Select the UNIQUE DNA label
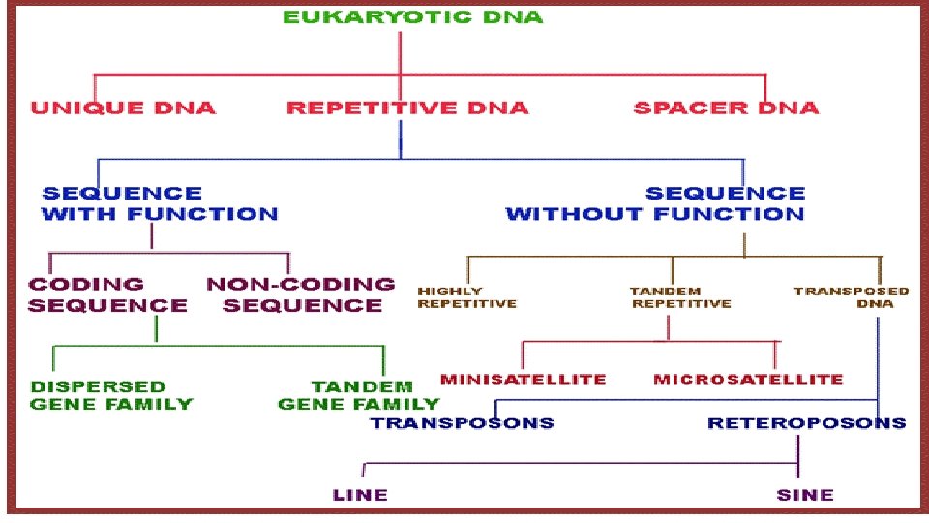click(123, 108)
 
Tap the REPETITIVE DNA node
click(407, 108)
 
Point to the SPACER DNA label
click(725, 108)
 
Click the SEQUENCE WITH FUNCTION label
click(159, 203)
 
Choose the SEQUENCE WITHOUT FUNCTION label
click(655, 203)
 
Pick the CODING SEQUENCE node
click(107, 294)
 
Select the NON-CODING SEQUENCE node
click(301, 294)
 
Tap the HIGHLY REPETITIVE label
click(466, 296)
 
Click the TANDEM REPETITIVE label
click(680, 296)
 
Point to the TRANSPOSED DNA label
click(852, 296)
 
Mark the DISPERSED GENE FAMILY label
click(111, 395)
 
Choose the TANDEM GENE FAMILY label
click(358, 395)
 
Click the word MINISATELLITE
click(523, 379)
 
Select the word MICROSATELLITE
click(748, 379)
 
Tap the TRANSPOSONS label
click(463, 422)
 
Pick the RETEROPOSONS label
click(806, 422)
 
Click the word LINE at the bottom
click(360, 494)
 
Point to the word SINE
click(804, 494)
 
